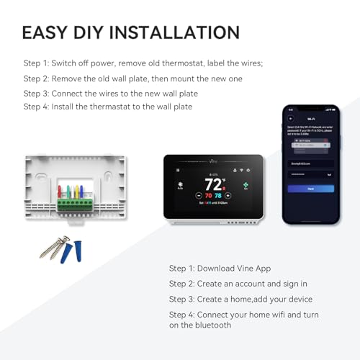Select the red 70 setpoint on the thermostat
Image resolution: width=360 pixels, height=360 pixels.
pos(209,195)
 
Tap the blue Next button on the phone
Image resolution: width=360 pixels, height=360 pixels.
pos(310,189)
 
